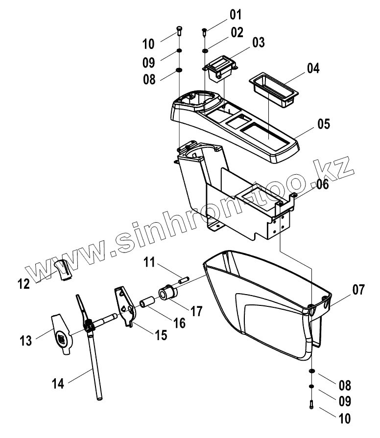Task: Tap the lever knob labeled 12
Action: tap(63, 270)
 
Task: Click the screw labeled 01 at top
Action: tap(204, 33)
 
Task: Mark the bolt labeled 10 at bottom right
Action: tap(311, 405)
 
